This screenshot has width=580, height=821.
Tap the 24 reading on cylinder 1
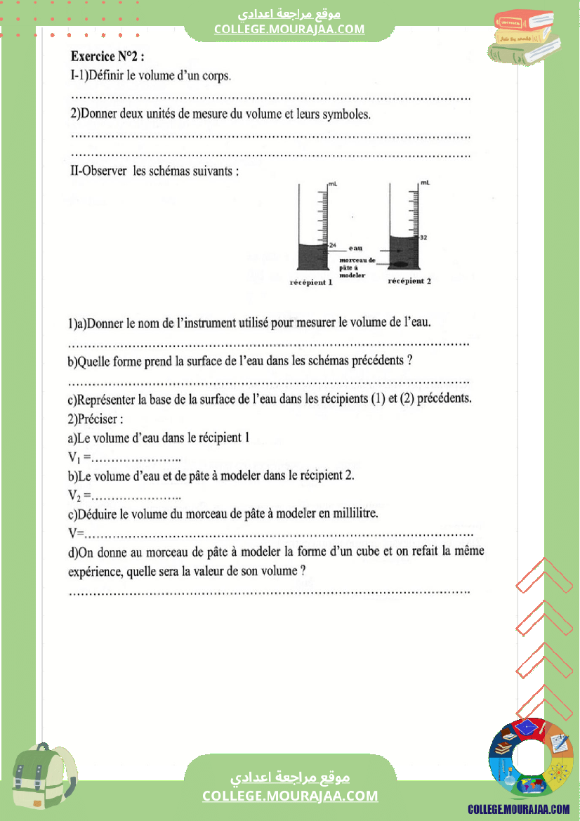pos(333,244)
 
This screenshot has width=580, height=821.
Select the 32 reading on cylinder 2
pos(423,238)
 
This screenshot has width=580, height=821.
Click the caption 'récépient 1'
pos(310,282)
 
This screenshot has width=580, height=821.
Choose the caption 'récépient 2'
pos(409,281)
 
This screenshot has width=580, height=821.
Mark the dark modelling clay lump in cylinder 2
pos(399,265)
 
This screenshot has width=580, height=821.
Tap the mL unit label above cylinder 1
pos(332,183)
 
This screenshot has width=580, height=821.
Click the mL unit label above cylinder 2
pos(424,183)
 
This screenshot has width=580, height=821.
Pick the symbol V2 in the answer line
pos(75,495)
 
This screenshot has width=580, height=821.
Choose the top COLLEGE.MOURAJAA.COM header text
pos(289,29)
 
